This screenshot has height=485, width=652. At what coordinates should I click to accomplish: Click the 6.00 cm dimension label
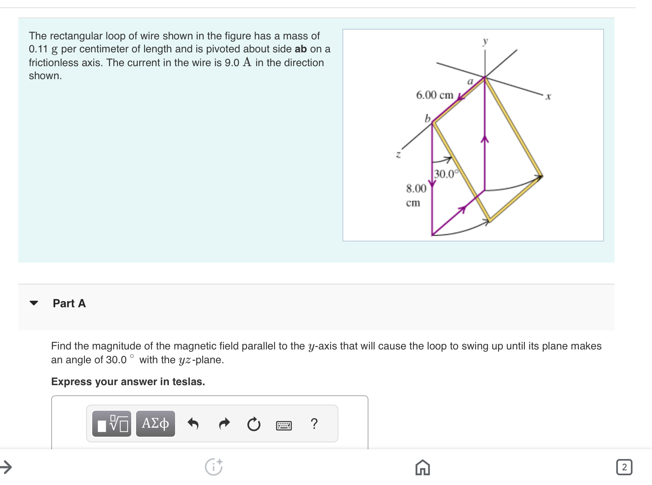pyautogui.click(x=434, y=95)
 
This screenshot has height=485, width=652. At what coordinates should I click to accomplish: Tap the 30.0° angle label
pyautogui.click(x=446, y=174)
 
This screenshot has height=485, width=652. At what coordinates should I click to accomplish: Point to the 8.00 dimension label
pyautogui.click(x=416, y=188)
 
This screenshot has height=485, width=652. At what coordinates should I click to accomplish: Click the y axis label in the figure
pyautogui.click(x=485, y=41)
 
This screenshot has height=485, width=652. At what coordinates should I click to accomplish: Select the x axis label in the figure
pyautogui.click(x=548, y=97)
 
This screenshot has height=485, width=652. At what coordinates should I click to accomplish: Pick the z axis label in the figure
pyautogui.click(x=398, y=154)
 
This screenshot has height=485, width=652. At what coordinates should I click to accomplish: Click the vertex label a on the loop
pyautogui.click(x=470, y=82)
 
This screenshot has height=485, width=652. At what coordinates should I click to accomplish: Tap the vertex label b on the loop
pyautogui.click(x=427, y=118)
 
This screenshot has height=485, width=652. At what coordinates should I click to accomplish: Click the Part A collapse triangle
pyautogui.click(x=34, y=303)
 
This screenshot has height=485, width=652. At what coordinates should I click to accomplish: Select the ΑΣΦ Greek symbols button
pyautogui.click(x=155, y=423)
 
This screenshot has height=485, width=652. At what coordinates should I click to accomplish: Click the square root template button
pyautogui.click(x=112, y=423)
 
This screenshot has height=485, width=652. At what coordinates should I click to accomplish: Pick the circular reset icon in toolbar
pyautogui.click(x=254, y=425)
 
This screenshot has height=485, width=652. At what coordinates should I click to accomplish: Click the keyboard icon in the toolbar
pyautogui.click(x=284, y=425)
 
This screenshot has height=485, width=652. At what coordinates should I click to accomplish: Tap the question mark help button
pyautogui.click(x=314, y=424)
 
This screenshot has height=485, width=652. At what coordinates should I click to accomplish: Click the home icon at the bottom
pyautogui.click(x=422, y=467)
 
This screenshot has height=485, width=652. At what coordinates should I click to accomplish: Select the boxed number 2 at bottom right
pyautogui.click(x=624, y=467)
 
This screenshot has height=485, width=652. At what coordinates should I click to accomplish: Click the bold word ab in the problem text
pyautogui.click(x=301, y=49)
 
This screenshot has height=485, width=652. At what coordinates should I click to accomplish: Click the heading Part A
pyautogui.click(x=69, y=303)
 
